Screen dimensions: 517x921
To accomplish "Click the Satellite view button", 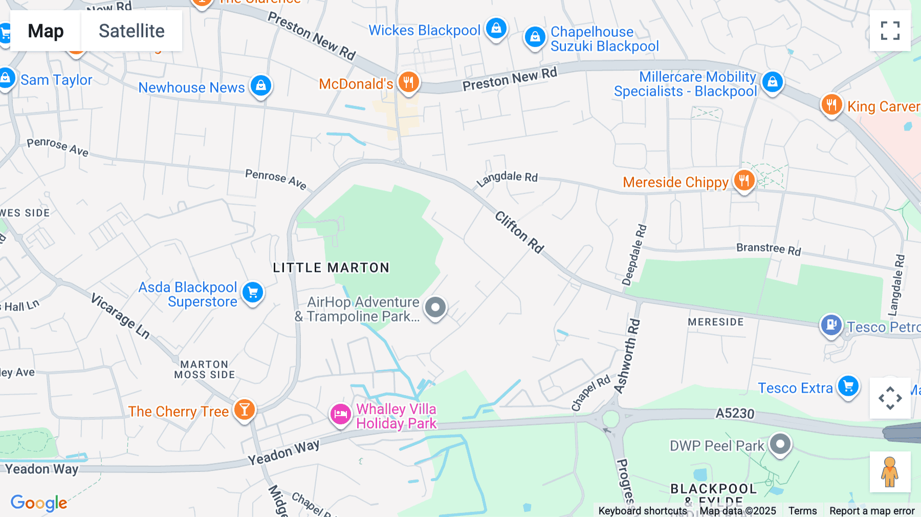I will (131, 31).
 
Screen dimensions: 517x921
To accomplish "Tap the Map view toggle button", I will (46, 31).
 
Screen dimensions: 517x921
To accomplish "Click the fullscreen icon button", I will (890, 31).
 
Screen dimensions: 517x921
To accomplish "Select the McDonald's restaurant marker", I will (408, 82).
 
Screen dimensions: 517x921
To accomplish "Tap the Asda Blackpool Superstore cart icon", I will (253, 293).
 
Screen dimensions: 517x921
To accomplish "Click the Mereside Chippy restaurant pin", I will (744, 181).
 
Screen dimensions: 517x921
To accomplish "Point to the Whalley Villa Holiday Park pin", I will (340, 414).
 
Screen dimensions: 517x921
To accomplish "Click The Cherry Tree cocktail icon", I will (245, 410).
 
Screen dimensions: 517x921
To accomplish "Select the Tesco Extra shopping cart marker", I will (848, 386).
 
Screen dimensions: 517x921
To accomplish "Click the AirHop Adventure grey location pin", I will (435, 308).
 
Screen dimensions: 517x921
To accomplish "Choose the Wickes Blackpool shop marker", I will (496, 29).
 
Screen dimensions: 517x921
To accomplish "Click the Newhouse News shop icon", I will (261, 85).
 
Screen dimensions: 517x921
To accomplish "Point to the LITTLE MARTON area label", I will (331, 268).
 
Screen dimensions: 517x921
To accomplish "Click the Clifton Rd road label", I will (519, 232).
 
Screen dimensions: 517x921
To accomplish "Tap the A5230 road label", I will (735, 413).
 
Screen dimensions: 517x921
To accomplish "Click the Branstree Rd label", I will (769, 249).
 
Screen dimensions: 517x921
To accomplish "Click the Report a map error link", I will (872, 511).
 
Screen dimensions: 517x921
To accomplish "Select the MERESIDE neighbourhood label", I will (715, 322).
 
